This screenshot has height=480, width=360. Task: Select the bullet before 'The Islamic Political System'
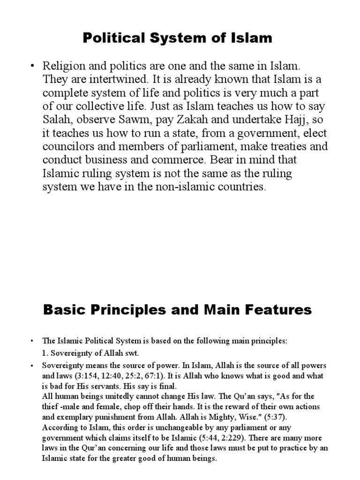point(32,341)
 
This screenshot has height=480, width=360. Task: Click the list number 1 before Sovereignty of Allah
point(45,353)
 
